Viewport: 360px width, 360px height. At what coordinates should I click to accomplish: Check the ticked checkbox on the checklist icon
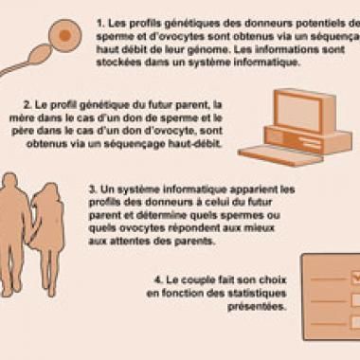(353, 279)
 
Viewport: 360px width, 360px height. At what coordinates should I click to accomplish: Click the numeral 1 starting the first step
(99, 19)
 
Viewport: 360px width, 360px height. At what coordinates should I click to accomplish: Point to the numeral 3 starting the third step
(90, 189)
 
